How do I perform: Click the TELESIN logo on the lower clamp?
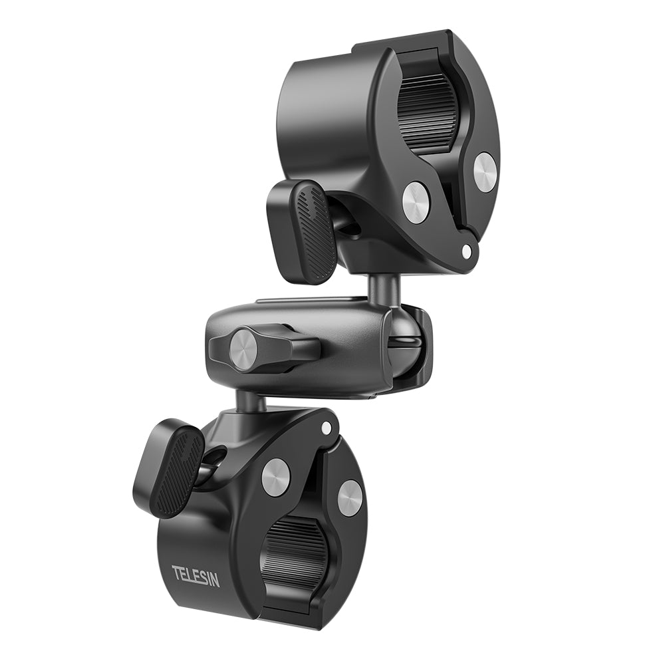click(x=196, y=575)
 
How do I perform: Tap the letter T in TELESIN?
click(x=176, y=570)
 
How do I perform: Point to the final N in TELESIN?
click(x=214, y=581)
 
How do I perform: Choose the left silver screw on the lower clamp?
click(x=275, y=477)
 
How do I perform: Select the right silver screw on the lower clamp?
click(x=350, y=497)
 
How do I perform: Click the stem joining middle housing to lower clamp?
click(x=249, y=400)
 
